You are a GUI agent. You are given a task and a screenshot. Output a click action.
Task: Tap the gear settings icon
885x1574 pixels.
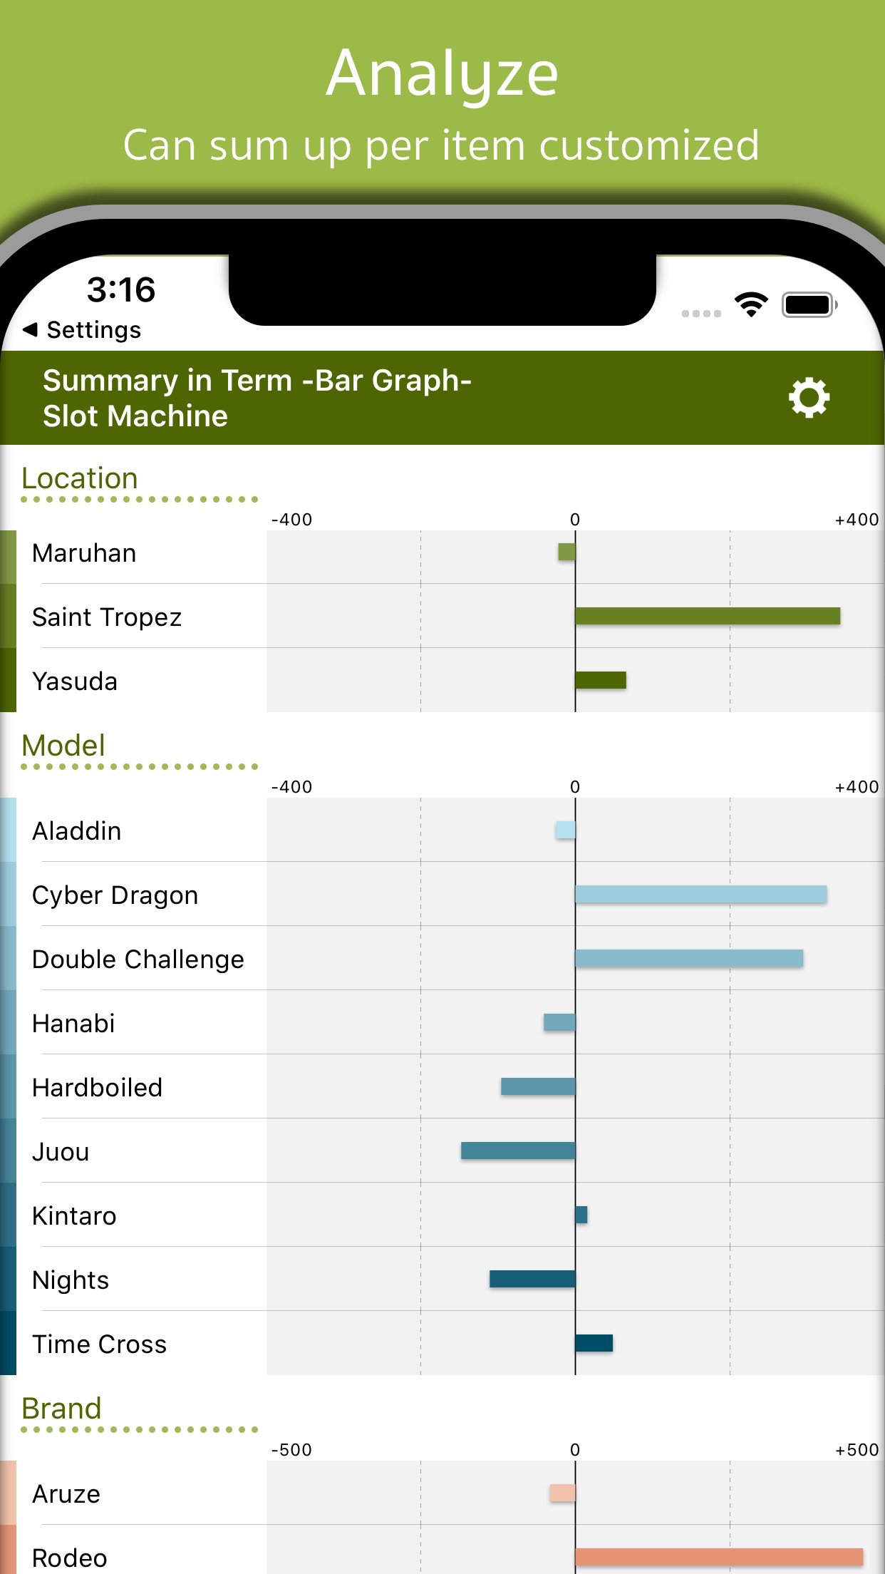point(809,398)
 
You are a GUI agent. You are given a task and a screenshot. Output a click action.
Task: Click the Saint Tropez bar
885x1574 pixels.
point(707,616)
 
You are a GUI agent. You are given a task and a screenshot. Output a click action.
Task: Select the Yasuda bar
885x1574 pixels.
point(601,680)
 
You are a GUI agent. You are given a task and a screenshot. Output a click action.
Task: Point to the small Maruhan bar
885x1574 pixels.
point(566,552)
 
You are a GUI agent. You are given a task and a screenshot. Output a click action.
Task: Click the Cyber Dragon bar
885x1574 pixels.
point(700,894)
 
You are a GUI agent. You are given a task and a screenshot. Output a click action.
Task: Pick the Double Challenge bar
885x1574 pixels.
point(689,958)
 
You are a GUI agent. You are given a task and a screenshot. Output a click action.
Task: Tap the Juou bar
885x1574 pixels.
point(518,1151)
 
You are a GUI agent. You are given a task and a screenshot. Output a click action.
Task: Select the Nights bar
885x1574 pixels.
point(532,1279)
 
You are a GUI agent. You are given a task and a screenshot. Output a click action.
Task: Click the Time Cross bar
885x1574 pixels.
point(594,1343)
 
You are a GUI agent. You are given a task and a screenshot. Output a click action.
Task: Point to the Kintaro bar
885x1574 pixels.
point(581,1215)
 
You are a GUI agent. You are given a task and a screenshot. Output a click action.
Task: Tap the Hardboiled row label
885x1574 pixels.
point(98,1088)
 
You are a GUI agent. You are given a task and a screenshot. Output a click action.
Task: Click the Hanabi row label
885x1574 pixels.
point(74,1024)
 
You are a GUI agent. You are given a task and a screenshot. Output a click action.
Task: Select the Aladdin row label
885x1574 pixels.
point(77,831)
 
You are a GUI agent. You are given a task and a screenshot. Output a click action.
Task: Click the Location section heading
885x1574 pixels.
point(80,478)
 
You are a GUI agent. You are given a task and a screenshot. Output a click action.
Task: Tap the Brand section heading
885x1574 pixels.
point(62,1409)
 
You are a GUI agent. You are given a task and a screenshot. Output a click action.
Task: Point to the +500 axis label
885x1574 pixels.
point(856,1450)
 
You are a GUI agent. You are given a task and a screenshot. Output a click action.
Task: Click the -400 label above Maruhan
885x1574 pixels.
point(291,520)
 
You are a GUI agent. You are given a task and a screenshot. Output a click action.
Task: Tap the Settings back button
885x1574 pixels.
point(83,330)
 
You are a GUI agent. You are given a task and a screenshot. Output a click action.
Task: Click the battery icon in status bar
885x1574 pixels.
point(808,305)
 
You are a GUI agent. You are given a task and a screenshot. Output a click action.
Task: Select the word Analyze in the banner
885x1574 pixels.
point(442,73)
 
